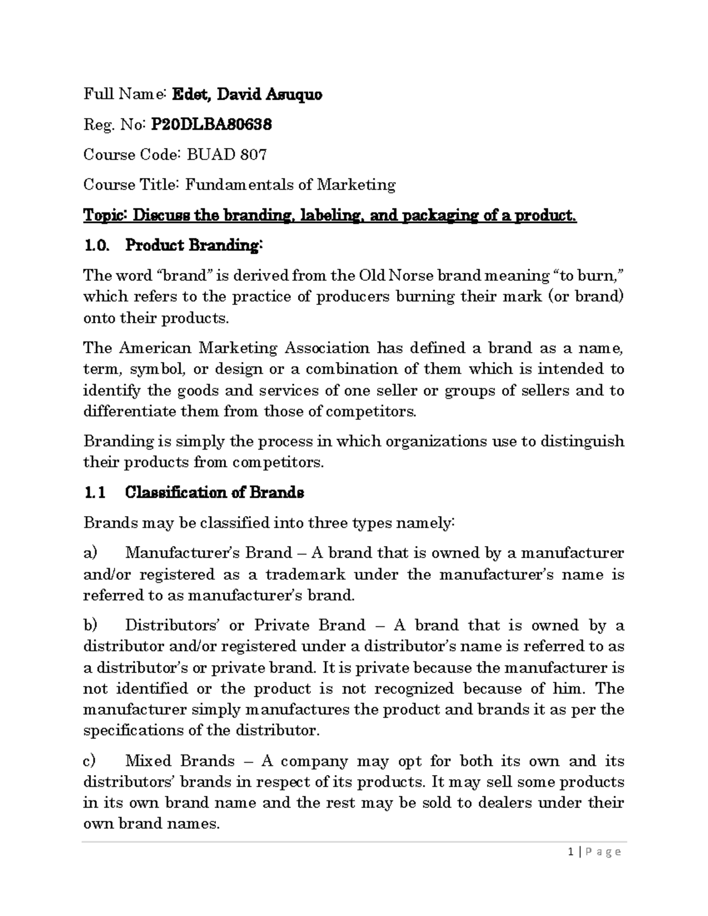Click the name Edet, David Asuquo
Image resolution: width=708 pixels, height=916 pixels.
[247, 94]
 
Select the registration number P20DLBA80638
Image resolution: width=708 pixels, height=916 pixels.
[212, 124]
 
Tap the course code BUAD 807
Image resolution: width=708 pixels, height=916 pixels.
[227, 155]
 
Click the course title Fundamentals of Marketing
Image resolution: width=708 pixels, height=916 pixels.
[290, 185]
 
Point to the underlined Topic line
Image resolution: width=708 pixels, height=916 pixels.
[329, 215]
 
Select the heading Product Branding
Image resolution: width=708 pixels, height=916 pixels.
[192, 245]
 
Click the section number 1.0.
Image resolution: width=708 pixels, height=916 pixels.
[96, 245]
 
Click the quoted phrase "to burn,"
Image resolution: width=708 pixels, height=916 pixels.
[585, 275]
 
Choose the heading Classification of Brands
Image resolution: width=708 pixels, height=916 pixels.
[215, 493]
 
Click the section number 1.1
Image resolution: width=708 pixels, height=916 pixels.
[94, 493]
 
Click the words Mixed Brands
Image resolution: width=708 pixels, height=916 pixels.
[180, 761]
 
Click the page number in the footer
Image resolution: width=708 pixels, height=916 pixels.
[571, 852]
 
